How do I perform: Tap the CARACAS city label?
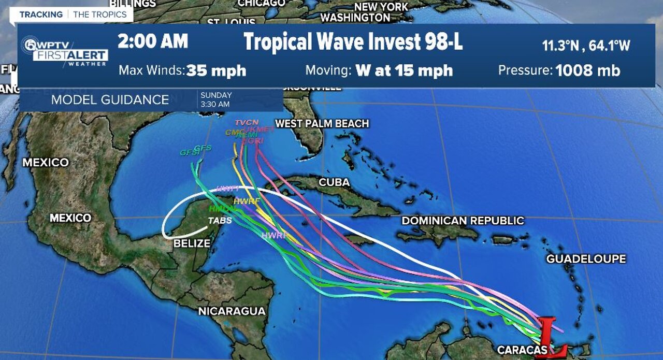click(522, 350)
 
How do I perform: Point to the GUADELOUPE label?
click(586, 258)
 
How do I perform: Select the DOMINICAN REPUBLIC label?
click(463, 221)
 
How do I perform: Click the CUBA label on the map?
click(334, 183)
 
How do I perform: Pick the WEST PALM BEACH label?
click(322, 123)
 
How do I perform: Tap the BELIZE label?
click(192, 243)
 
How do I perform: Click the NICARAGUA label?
click(232, 311)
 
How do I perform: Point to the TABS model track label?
click(220, 221)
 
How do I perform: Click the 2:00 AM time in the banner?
click(152, 41)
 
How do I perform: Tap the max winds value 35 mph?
click(216, 70)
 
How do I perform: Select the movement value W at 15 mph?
click(404, 70)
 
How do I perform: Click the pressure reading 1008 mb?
click(587, 70)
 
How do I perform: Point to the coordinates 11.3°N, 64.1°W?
click(586, 46)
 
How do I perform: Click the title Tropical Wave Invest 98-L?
click(353, 42)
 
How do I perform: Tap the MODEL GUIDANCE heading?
click(110, 100)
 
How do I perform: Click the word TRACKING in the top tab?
click(41, 15)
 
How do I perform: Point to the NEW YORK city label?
click(381, 7)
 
